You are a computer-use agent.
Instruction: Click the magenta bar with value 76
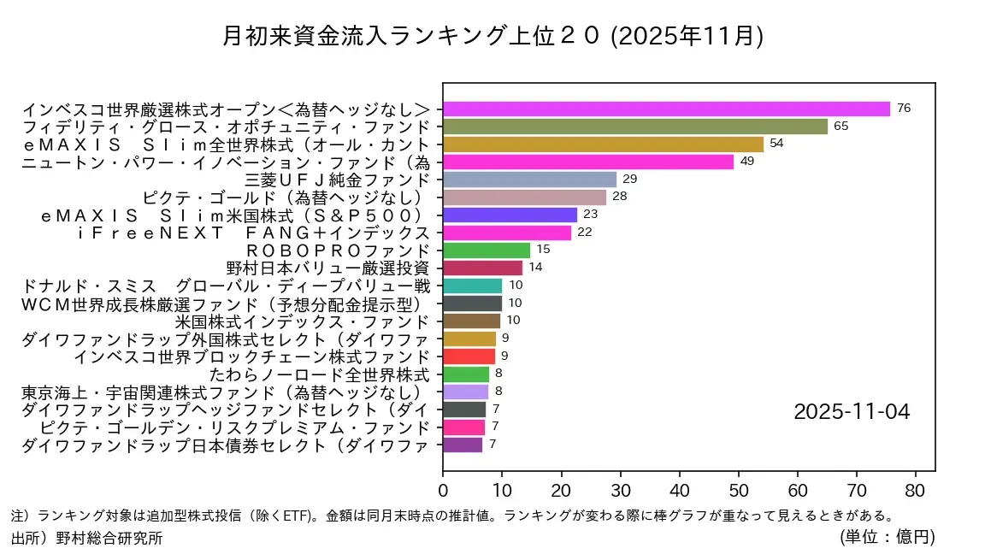tap(666, 109)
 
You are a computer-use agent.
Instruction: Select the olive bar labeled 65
tap(635, 127)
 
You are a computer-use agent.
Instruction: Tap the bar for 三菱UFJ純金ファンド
tap(529, 180)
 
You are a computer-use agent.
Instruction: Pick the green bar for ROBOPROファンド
tap(487, 250)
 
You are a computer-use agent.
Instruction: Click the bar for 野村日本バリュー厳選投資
tap(482, 268)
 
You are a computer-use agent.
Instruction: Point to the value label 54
tap(776, 144)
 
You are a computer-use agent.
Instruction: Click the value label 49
tap(746, 162)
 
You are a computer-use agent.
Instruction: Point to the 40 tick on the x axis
tap(680, 492)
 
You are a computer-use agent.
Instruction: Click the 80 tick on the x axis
tap(916, 492)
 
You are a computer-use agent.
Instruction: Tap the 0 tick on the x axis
tap(443, 492)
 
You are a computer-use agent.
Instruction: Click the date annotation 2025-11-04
tap(852, 412)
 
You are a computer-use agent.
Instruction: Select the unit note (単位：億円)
tap(887, 537)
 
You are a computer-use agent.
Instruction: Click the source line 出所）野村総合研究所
tap(86, 538)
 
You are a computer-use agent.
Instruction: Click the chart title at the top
tap(492, 36)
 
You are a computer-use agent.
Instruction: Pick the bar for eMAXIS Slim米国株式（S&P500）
tap(510, 215)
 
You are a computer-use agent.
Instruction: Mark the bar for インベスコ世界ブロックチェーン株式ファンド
tap(469, 357)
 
